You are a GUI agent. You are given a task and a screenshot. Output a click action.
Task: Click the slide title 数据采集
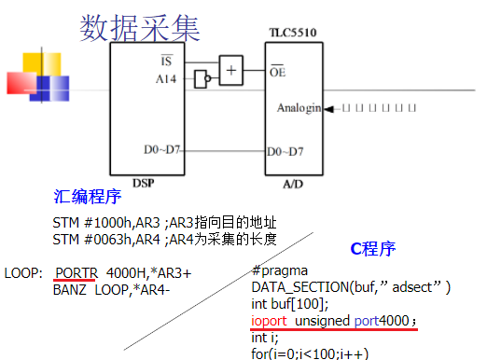point(140,29)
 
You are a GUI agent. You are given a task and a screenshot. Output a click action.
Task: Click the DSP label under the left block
point(143,183)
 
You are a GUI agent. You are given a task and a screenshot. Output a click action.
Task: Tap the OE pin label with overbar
point(276,71)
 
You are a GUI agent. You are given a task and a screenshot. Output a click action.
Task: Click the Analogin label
point(298,108)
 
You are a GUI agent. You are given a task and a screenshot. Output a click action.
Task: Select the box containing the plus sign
point(230,67)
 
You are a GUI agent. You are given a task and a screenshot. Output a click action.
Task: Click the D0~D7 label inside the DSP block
point(162,150)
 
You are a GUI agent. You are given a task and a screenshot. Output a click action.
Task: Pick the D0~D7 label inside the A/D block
point(285,150)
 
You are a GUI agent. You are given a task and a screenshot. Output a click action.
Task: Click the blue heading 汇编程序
point(88,199)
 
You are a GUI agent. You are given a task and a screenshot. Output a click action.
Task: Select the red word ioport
point(270,320)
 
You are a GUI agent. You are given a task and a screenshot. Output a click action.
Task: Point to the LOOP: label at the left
point(24,273)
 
